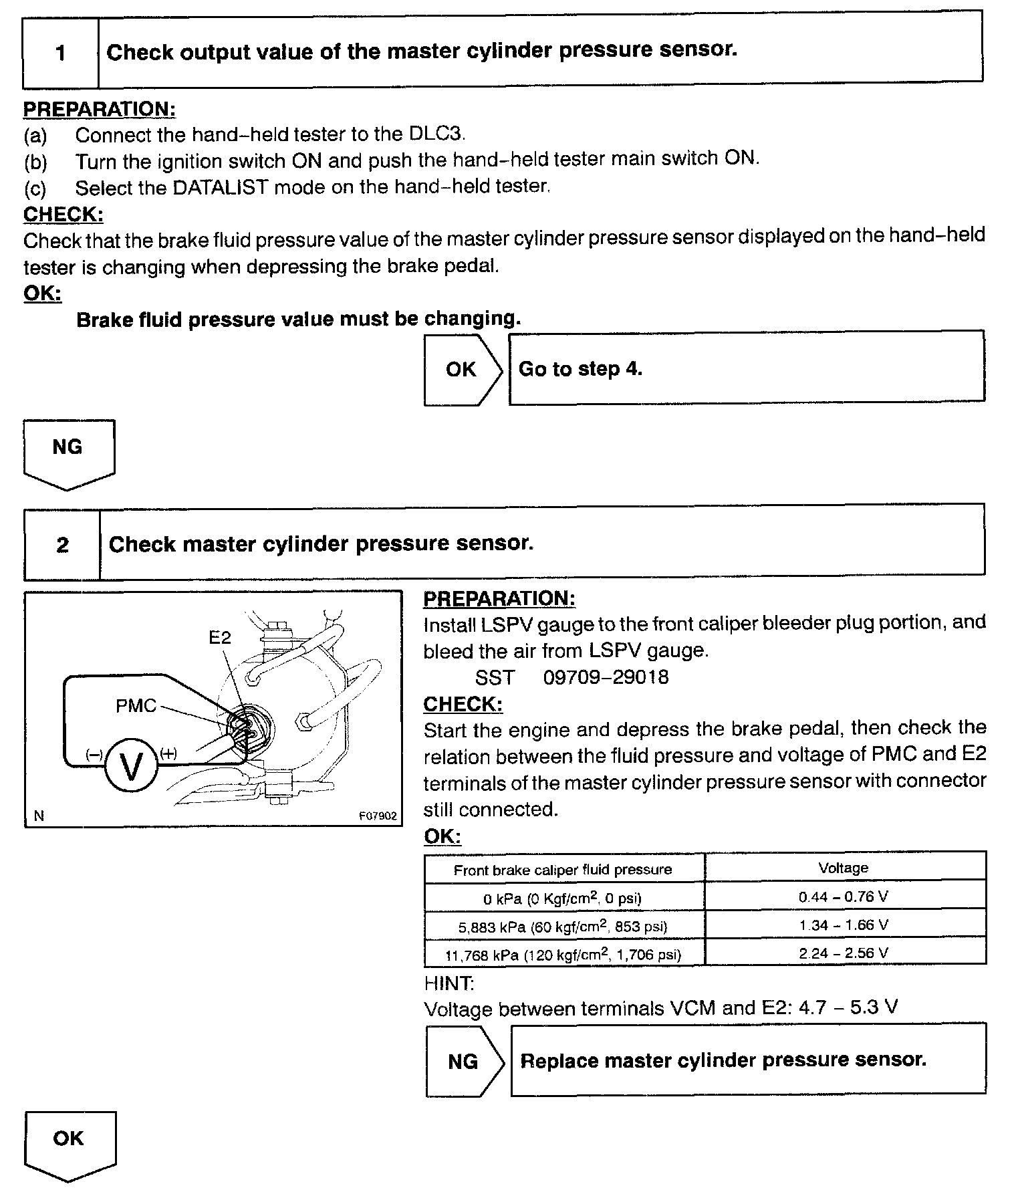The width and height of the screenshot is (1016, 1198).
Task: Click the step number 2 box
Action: [62, 545]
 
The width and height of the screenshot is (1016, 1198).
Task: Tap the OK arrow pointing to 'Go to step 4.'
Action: [462, 370]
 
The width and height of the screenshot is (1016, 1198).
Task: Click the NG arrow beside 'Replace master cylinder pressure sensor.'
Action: [464, 1062]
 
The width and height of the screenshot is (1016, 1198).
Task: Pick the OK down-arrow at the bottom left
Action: [70, 1141]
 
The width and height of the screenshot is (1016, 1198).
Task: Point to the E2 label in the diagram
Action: [220, 637]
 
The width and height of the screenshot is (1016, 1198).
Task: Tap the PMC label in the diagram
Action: [136, 706]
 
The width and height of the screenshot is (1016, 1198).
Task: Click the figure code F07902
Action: [378, 816]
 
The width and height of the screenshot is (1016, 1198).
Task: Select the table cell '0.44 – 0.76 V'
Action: [844, 897]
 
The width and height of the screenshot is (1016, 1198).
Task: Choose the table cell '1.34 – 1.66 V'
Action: [844, 926]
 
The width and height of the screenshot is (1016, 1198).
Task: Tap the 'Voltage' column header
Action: [844, 868]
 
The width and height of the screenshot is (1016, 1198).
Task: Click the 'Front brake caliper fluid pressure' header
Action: [563, 870]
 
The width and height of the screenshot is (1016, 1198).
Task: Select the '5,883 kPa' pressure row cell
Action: [563, 927]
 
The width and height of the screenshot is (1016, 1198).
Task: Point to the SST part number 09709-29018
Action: [606, 678]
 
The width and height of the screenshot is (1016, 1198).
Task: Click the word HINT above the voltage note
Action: [449, 983]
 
